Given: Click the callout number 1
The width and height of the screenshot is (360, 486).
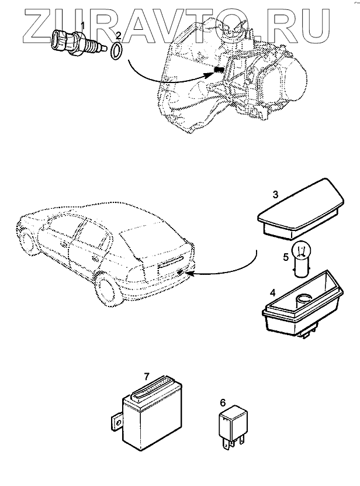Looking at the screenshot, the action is tap(83, 25).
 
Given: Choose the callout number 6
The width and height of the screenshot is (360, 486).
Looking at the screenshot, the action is tap(223, 402).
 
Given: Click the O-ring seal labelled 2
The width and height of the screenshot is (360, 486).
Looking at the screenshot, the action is tap(117, 51).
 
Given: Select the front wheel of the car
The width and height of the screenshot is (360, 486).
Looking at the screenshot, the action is tap(27, 242).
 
